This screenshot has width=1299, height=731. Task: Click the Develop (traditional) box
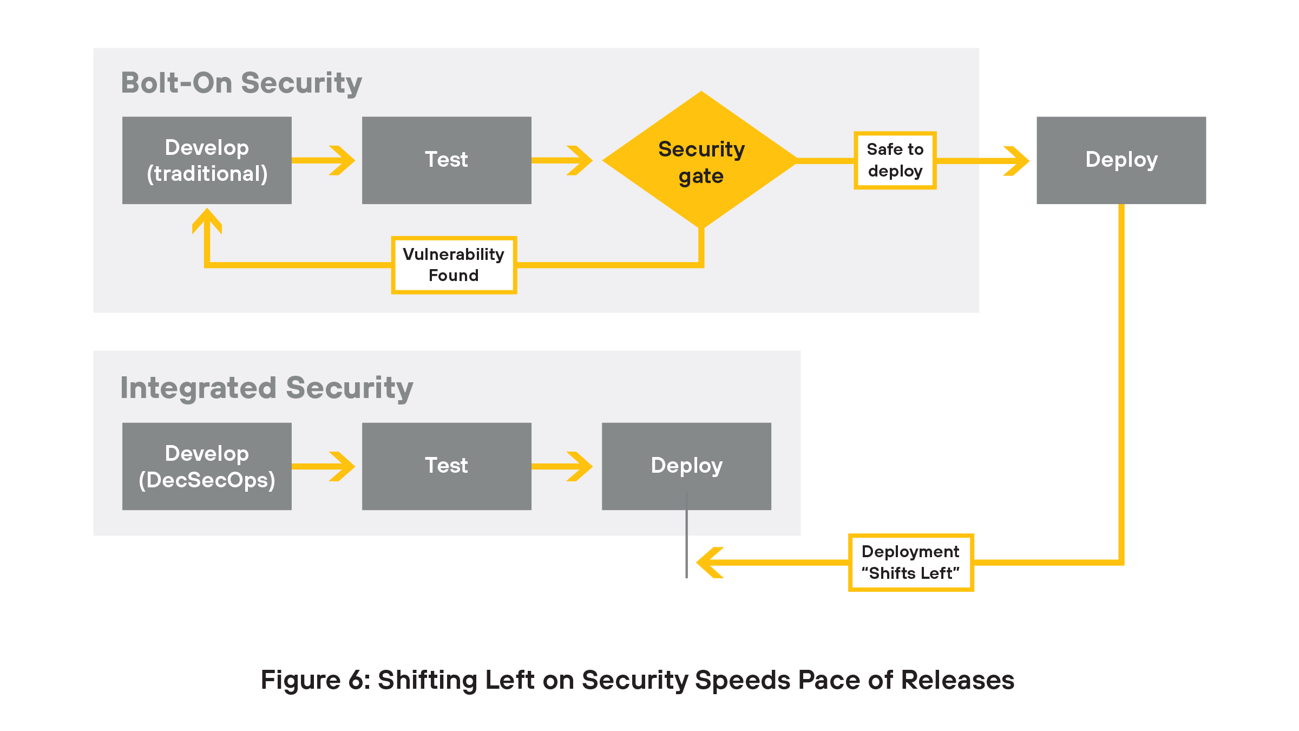[x=207, y=160]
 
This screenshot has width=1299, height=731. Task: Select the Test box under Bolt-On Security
[x=447, y=160]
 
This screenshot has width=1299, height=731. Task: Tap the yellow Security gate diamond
[x=701, y=161]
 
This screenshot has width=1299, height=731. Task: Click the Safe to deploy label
[x=895, y=160]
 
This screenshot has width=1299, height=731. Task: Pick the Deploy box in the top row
[x=1121, y=160]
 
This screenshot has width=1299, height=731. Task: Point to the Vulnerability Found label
[x=454, y=265]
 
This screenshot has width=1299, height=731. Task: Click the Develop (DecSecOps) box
[x=207, y=466]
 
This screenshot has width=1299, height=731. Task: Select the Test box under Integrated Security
[x=447, y=466]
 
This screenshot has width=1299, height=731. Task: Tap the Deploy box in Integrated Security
[x=686, y=466]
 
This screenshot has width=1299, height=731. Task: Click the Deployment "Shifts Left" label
[x=910, y=563]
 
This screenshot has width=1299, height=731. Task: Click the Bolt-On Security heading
[x=241, y=83]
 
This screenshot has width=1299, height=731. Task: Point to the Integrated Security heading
[x=266, y=388]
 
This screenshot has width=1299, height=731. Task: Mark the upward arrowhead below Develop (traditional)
[x=207, y=220]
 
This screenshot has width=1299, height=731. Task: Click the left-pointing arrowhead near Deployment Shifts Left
[x=709, y=563]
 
